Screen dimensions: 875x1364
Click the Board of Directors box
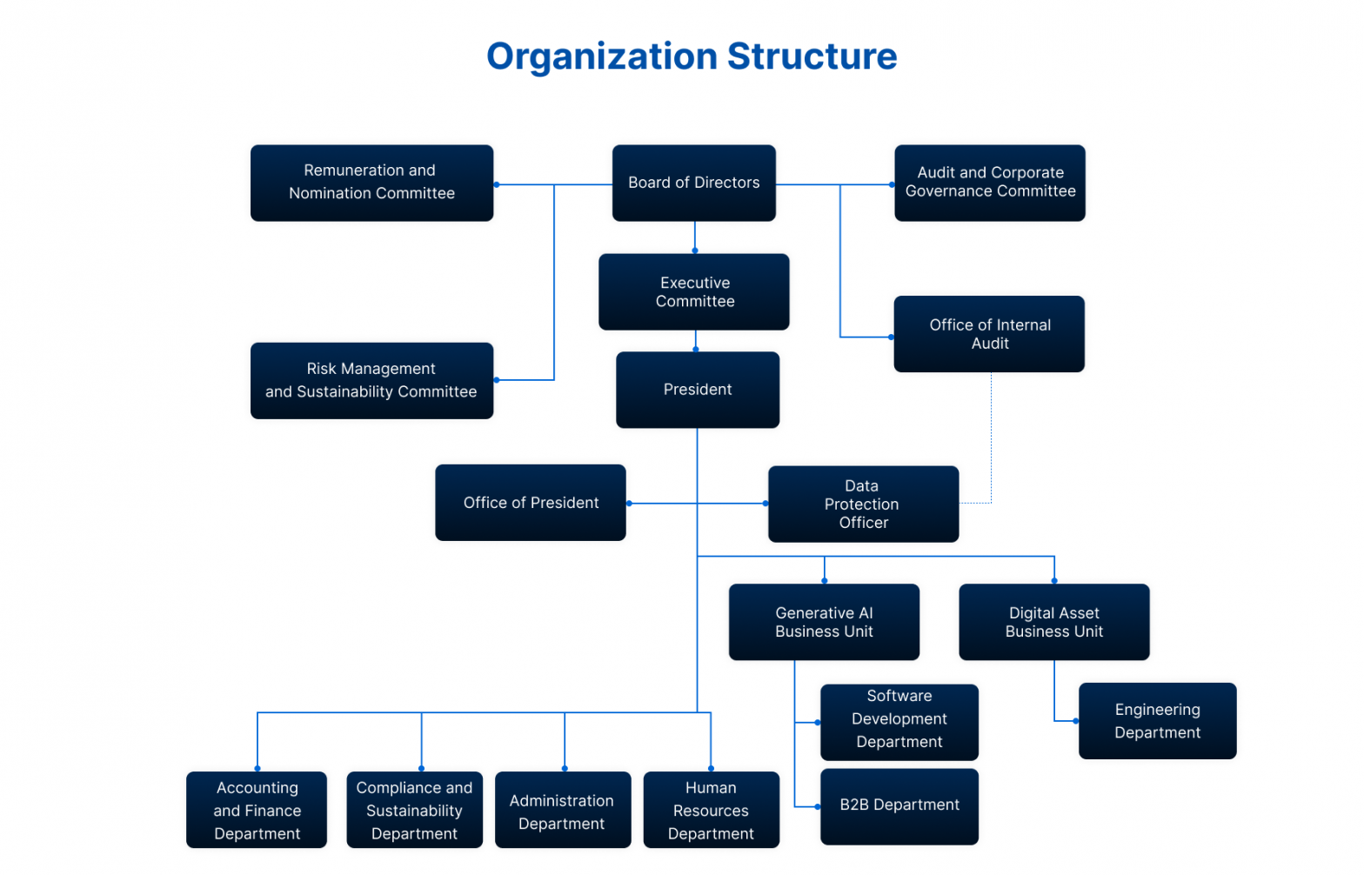click(693, 183)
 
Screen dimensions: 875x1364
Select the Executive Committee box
click(693, 291)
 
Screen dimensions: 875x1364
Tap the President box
click(697, 390)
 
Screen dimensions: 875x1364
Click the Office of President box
click(530, 503)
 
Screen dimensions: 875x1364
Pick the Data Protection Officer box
click(863, 504)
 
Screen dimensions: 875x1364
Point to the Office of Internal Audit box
click(989, 334)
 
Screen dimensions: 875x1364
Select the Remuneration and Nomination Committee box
click(371, 183)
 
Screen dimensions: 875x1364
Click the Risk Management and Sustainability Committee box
click(371, 381)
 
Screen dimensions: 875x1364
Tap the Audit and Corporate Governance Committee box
click(989, 183)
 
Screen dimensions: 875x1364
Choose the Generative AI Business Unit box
click(824, 622)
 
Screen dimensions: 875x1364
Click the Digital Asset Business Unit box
click(1053, 622)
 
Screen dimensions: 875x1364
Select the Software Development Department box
click(899, 722)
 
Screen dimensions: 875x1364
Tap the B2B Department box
click(899, 806)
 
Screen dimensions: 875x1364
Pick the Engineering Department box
click(1157, 721)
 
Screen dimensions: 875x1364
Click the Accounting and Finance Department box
click(257, 810)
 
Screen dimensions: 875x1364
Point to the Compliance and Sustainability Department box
click(414, 810)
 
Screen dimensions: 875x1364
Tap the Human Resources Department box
click(711, 810)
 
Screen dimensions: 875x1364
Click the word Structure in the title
click(812, 57)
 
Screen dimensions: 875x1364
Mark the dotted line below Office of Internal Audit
click(991, 435)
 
